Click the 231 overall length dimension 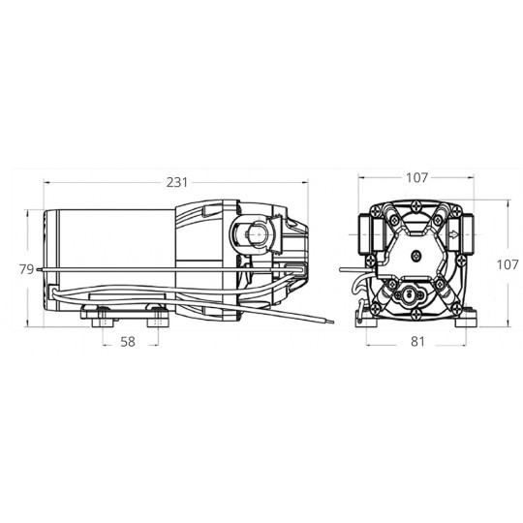coord(177,182)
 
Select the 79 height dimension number coord(27,269)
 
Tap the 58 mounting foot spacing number coord(128,342)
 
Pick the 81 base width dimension coord(417,342)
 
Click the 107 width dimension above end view coord(416,178)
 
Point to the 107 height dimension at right coord(508,264)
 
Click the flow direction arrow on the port coord(453,234)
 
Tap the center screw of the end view coord(416,256)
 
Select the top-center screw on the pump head coord(416,206)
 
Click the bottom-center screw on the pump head coord(416,313)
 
